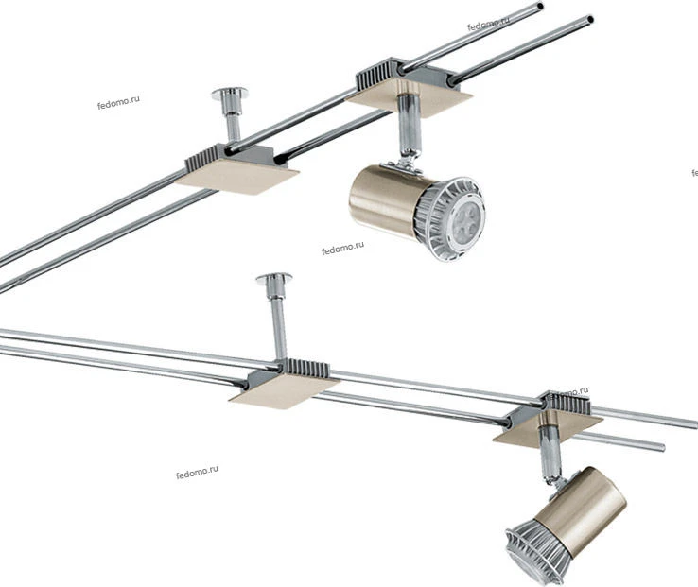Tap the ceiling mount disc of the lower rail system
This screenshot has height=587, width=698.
(x=273, y=278)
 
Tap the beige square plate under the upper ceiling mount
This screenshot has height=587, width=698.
(x=236, y=176)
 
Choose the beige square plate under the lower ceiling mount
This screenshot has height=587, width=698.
(x=284, y=390)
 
